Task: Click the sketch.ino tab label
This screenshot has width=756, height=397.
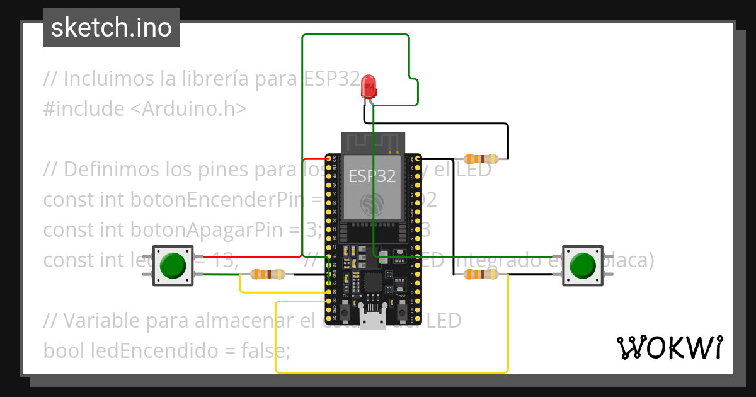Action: click(112, 28)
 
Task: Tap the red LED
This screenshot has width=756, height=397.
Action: click(369, 86)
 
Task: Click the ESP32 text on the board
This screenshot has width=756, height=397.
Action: click(372, 176)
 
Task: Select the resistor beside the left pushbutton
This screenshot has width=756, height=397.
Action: click(268, 274)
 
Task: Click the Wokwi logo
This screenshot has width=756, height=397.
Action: click(669, 347)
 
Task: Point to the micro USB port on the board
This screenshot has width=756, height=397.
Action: click(373, 319)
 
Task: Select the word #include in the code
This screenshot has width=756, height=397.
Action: click(84, 109)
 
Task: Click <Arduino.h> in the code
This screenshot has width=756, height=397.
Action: click(188, 109)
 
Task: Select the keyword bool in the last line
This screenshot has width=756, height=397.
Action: click(64, 349)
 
